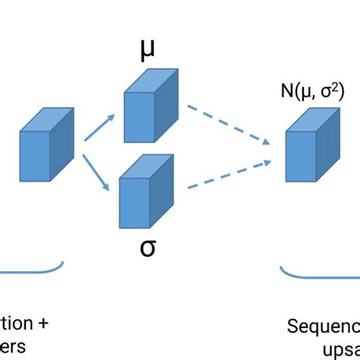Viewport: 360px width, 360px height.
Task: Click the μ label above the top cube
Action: pos(149,51)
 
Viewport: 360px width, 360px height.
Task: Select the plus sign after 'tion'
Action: pos(43,324)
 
